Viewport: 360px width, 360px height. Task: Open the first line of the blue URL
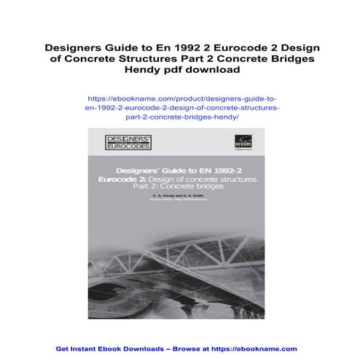tap(180, 97)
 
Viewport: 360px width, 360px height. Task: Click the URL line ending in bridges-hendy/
tap(180, 117)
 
